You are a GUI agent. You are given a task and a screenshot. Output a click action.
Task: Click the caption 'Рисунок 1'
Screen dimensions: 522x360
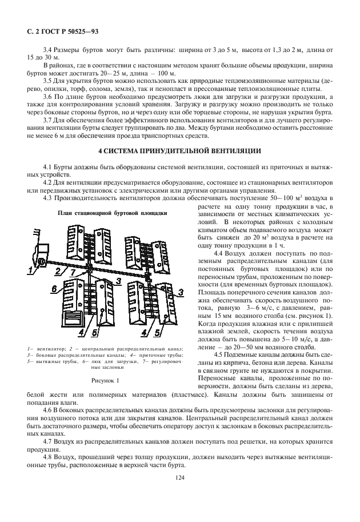pyautogui.click(x=105, y=380)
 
